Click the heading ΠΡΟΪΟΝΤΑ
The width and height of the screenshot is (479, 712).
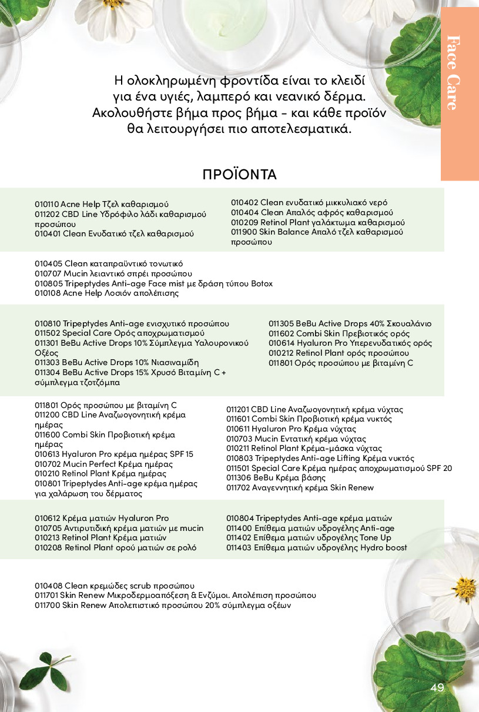point(239,175)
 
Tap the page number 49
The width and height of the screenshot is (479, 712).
point(437,688)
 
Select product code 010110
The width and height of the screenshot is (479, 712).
point(46,204)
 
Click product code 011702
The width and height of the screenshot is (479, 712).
point(239,488)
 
